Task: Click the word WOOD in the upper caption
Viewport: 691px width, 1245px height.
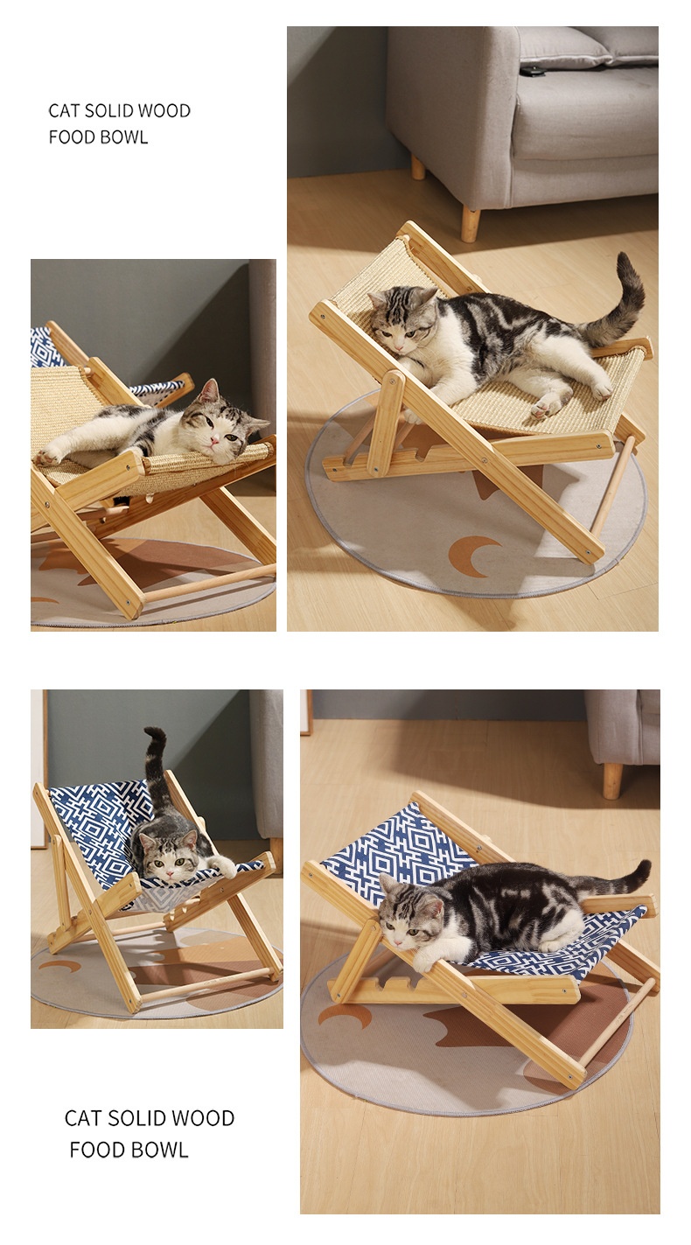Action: tap(164, 110)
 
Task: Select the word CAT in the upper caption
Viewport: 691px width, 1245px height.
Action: tap(64, 110)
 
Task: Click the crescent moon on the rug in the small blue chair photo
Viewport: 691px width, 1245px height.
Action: tap(59, 967)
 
